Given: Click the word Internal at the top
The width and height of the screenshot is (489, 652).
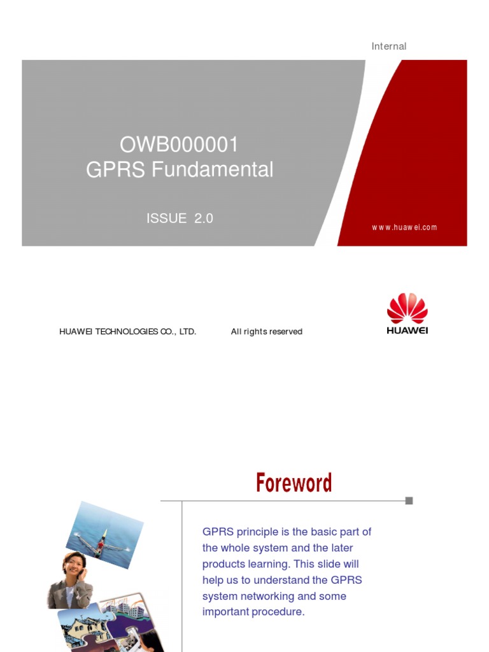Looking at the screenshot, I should point(388,46).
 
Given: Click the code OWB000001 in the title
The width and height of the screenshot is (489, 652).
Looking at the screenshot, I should point(162,145).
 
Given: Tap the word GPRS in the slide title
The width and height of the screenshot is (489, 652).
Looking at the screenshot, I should point(111,170).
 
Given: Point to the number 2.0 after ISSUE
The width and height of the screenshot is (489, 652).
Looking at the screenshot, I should point(204,218).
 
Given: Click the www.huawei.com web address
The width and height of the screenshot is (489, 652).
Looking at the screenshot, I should point(404,227).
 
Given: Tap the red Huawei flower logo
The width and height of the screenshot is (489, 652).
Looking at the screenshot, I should point(407,308).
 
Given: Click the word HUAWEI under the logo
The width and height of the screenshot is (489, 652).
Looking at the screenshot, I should point(407,330).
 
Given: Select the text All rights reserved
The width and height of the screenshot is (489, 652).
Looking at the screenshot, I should point(266,332).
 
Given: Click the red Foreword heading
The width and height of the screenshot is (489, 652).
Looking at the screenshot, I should point(294,483).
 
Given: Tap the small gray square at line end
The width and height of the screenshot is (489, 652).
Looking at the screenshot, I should point(409,500).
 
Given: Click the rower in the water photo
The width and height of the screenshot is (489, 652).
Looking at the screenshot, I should point(100,544).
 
